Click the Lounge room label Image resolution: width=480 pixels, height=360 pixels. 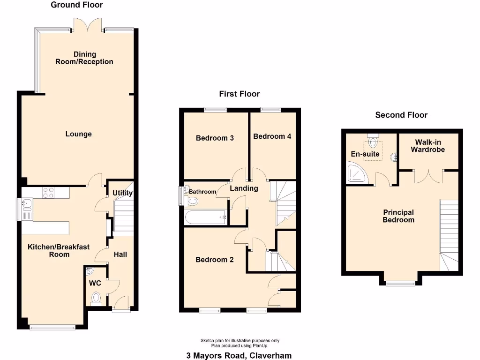[x=78, y=134]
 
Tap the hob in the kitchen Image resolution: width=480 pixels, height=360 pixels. [x=49, y=192]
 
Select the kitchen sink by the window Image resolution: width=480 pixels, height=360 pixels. [x=27, y=204]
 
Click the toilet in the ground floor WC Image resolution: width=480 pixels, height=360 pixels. [x=96, y=298]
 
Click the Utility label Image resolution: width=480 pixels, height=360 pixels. [x=122, y=193]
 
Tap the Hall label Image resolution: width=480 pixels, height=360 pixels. [x=120, y=254]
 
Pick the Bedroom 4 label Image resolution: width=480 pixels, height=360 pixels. [x=272, y=136]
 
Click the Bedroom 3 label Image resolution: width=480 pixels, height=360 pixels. [x=215, y=138]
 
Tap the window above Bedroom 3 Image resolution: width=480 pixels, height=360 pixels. [x=215, y=110]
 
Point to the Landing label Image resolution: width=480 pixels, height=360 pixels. [x=244, y=188]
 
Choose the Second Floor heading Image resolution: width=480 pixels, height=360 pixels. [x=401, y=115]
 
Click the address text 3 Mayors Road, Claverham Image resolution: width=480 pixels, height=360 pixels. [x=239, y=355]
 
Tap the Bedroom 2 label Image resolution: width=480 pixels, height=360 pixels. [x=214, y=260]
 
